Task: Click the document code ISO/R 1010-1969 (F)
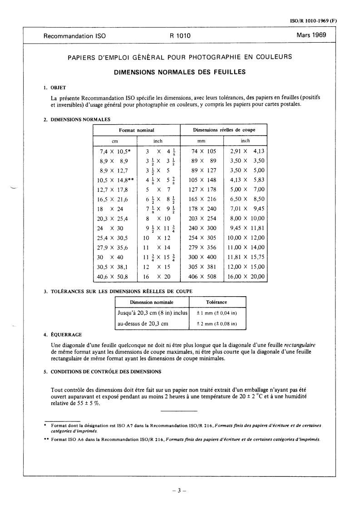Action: click(x=313, y=21)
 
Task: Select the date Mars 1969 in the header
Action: click(x=311, y=35)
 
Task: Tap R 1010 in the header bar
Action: click(x=180, y=36)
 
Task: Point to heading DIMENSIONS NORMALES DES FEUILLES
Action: click(x=179, y=72)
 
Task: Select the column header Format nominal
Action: click(x=136, y=130)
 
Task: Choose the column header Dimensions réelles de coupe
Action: click(x=224, y=130)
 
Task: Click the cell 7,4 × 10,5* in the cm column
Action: click(x=115, y=152)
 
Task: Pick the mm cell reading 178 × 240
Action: click(x=202, y=209)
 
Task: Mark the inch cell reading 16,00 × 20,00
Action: click(x=246, y=276)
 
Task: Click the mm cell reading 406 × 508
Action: click(x=202, y=276)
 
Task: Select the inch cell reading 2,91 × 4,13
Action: click(x=246, y=152)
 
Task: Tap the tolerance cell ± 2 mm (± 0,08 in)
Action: click(x=217, y=323)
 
